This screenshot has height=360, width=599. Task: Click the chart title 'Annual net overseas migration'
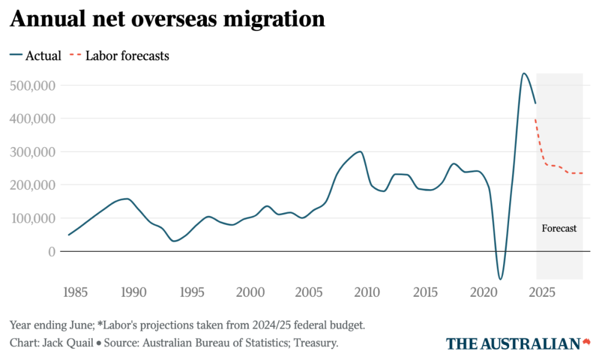(x=167, y=19)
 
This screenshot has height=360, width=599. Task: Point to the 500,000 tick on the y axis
(x=33, y=85)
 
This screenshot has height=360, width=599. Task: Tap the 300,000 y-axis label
(x=33, y=152)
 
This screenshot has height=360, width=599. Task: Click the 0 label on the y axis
(x=51, y=251)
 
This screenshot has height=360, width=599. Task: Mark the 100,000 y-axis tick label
(x=33, y=218)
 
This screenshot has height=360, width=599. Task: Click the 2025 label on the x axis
(x=541, y=292)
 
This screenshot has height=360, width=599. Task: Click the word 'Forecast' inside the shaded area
(x=559, y=228)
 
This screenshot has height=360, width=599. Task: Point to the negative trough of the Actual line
(x=500, y=279)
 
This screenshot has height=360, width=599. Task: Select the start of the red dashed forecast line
(x=536, y=119)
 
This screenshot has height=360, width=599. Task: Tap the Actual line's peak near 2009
(x=360, y=151)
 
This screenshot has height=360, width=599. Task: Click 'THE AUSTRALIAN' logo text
(x=513, y=343)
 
